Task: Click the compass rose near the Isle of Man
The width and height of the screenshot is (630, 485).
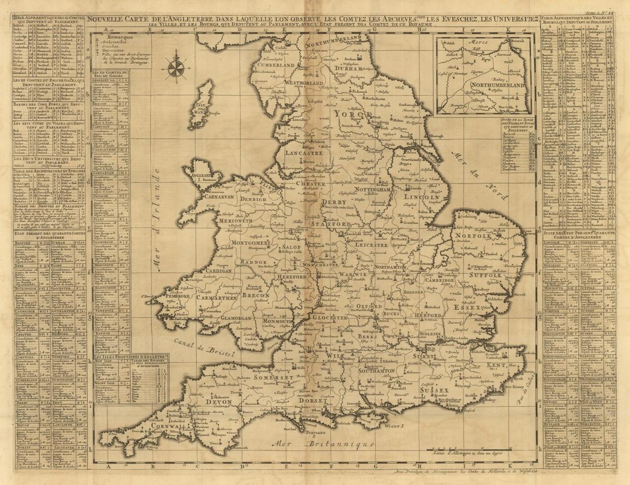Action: tap(175, 69)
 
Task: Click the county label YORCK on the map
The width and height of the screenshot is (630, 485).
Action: tap(352, 114)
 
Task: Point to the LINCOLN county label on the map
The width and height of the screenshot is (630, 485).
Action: tap(421, 197)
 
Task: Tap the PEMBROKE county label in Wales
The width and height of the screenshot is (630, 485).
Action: tap(183, 297)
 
